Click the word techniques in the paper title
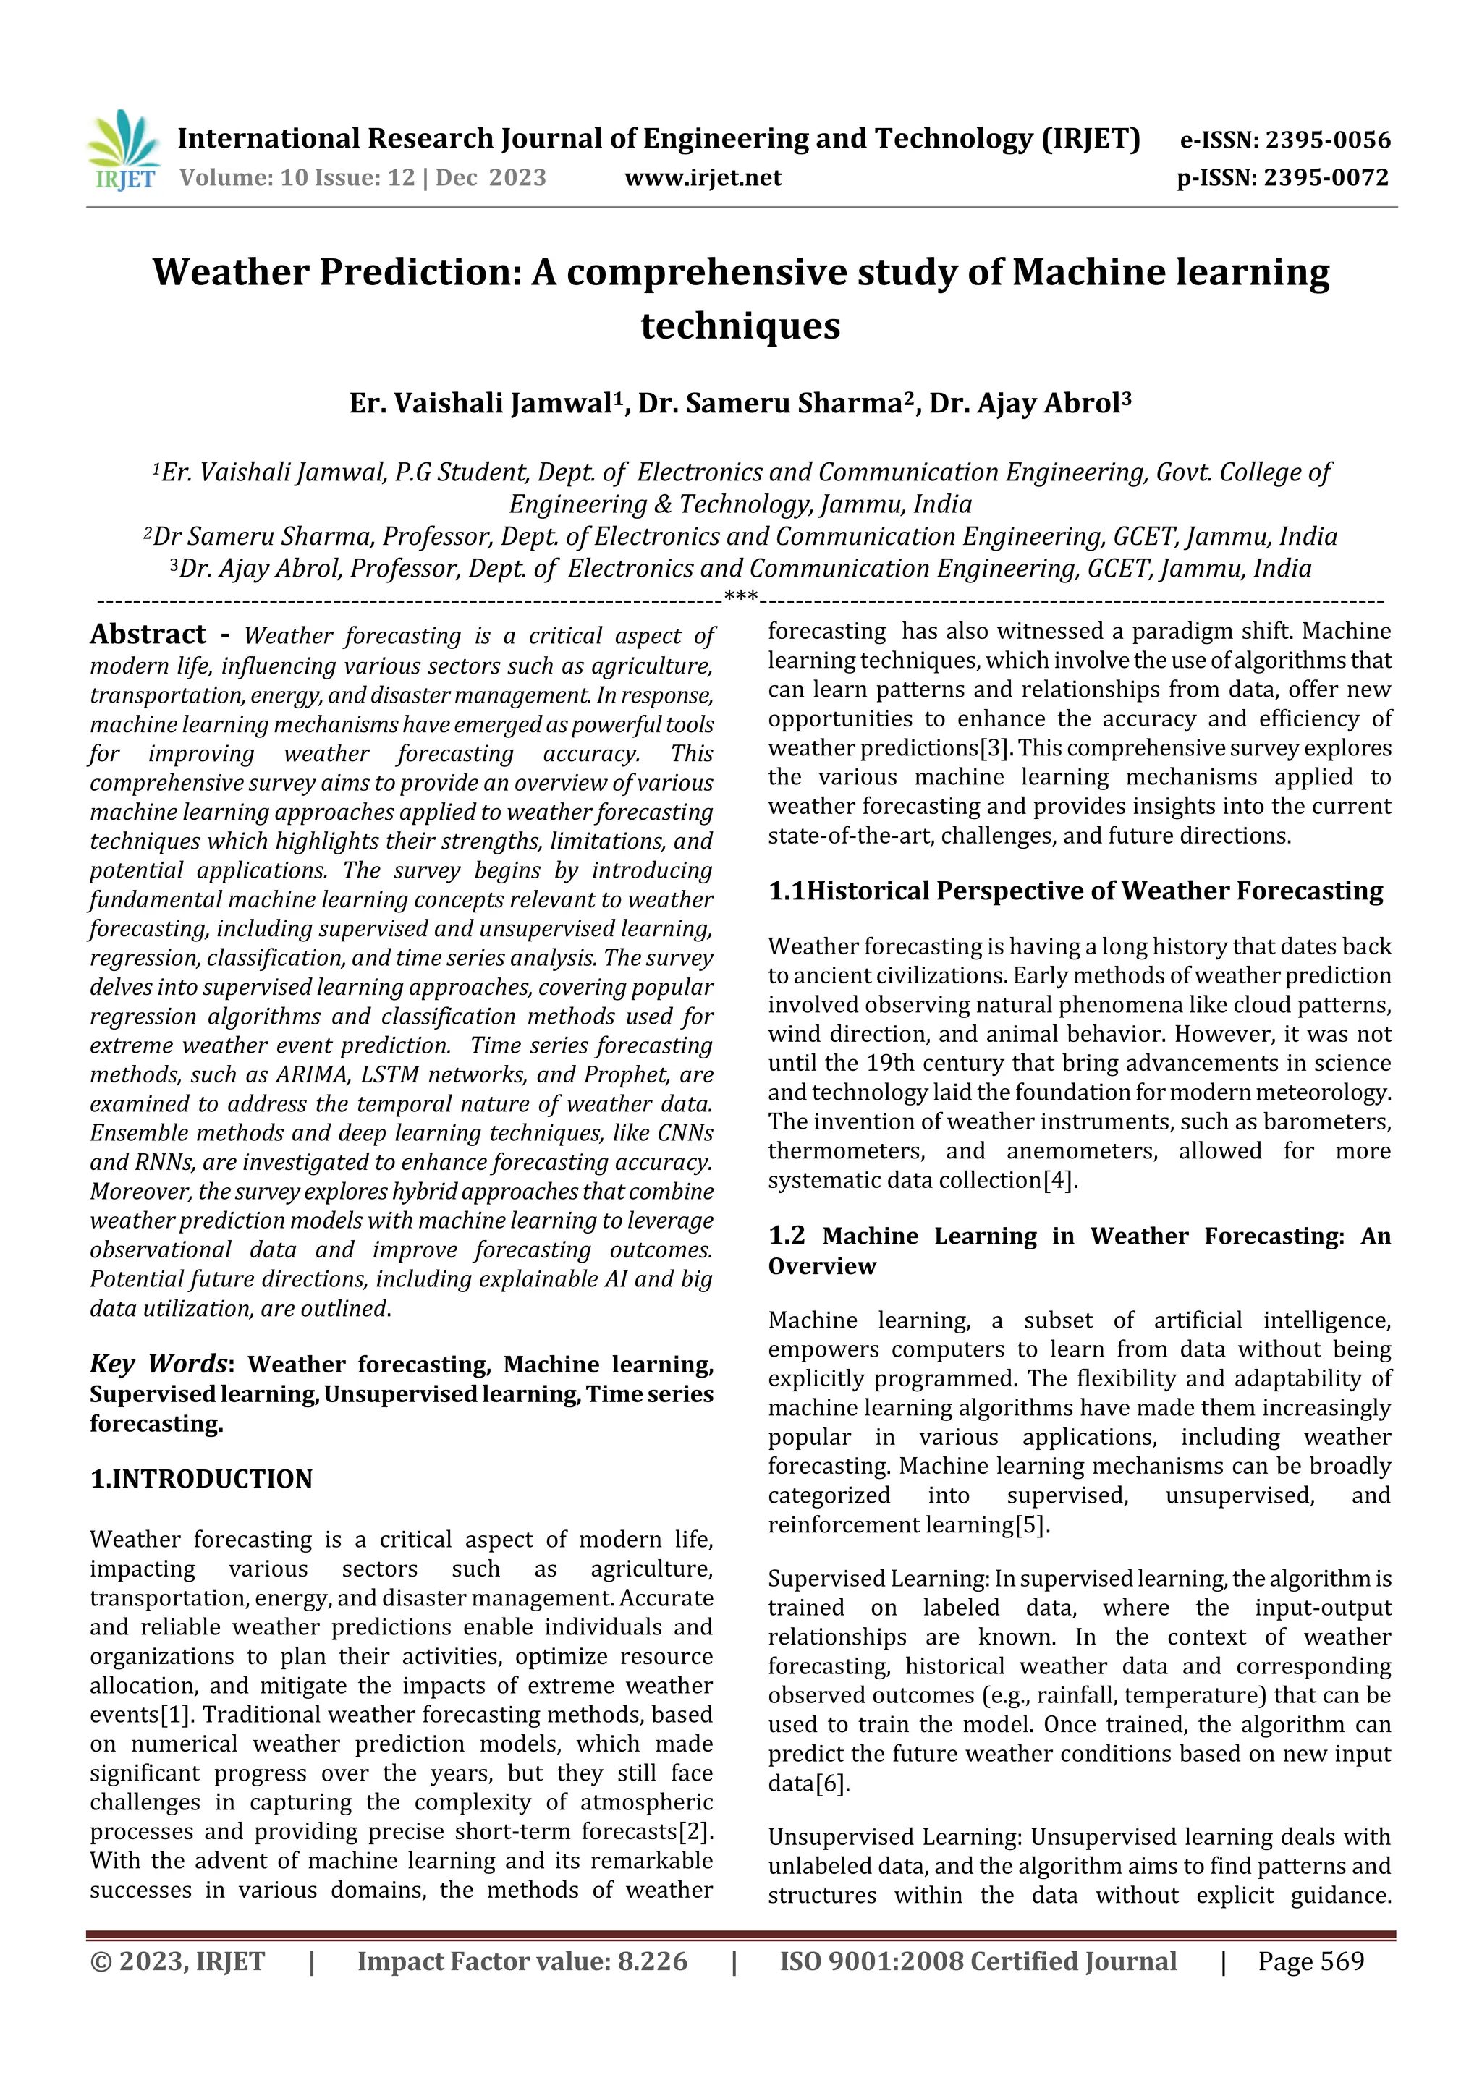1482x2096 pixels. [x=740, y=326]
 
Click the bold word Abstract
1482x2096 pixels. [x=148, y=635]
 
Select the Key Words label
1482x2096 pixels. [x=158, y=1364]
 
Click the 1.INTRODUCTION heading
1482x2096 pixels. [x=201, y=1479]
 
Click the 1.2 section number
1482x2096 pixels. [x=786, y=1236]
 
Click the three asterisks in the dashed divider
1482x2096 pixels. [x=740, y=598]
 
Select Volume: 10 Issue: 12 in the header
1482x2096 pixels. [x=297, y=178]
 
